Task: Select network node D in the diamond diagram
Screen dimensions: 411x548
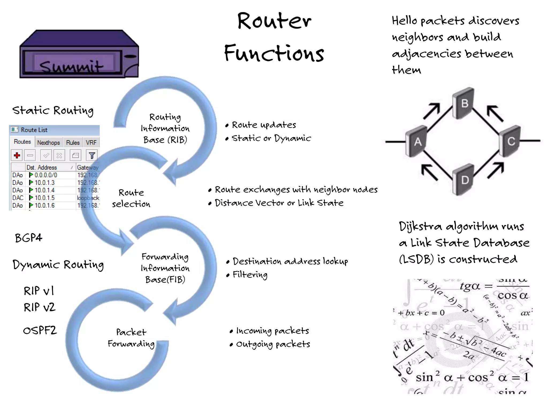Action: pyautogui.click(x=464, y=180)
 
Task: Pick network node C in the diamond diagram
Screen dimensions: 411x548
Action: pyautogui.click(x=510, y=141)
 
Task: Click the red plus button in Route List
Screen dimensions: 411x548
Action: pyautogui.click(x=17, y=155)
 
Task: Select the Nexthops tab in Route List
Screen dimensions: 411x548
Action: pyautogui.click(x=48, y=142)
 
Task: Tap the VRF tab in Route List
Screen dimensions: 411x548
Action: pyautogui.click(x=91, y=142)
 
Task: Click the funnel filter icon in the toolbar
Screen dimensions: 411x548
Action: pyautogui.click(x=92, y=155)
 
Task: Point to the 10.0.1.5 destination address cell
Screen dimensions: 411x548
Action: pyautogui.click(x=44, y=198)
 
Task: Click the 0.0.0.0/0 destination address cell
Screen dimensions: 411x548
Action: pyautogui.click(x=46, y=175)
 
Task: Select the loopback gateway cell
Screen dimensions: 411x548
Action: pyautogui.click(x=88, y=198)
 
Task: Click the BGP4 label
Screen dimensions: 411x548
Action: pyautogui.click(x=28, y=238)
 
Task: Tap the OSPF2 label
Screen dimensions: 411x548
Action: pyautogui.click(x=40, y=330)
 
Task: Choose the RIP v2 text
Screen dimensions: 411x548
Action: pyautogui.click(x=39, y=307)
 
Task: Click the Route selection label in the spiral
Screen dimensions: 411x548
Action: pyautogui.click(x=131, y=198)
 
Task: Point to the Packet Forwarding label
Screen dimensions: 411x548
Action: pyautogui.click(x=131, y=338)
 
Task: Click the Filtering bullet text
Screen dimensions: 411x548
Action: pyautogui.click(x=250, y=275)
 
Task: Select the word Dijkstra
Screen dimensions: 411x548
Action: pyautogui.click(x=420, y=227)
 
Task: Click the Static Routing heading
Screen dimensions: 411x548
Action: pyautogui.click(x=53, y=110)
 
